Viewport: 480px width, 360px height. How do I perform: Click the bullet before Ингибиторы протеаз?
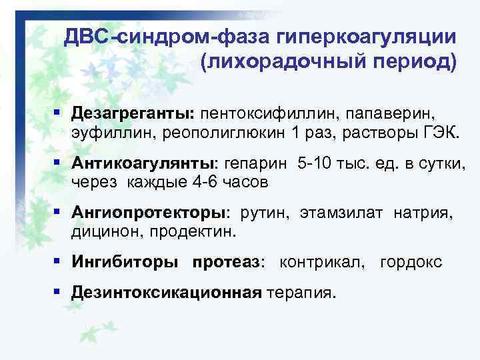(x=59, y=261)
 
